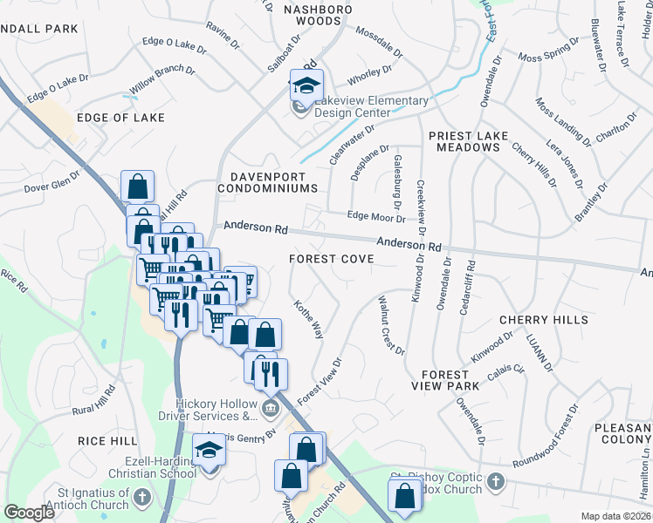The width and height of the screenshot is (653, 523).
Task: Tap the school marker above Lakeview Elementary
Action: [x=306, y=85]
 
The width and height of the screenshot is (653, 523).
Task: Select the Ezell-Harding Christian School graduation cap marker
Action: [x=210, y=450]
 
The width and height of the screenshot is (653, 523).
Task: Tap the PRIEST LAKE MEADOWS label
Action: [x=464, y=142]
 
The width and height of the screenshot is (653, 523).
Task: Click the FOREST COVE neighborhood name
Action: [x=332, y=259]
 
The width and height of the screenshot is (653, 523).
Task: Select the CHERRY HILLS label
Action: [x=543, y=321]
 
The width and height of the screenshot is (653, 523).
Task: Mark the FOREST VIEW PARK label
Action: [x=446, y=379]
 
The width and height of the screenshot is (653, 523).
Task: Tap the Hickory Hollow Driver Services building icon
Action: [x=271, y=406]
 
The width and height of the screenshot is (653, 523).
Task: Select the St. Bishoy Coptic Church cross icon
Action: [x=495, y=481]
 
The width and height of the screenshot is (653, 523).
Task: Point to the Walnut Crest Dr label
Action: [x=390, y=325]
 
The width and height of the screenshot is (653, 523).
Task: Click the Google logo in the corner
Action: [x=29, y=513]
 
